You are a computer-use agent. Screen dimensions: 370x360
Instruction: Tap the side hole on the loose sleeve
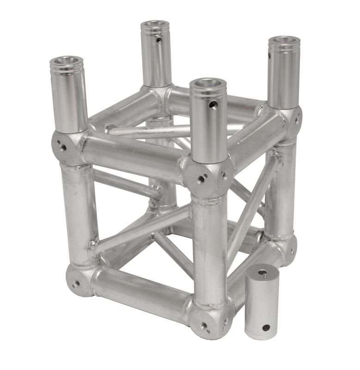266,327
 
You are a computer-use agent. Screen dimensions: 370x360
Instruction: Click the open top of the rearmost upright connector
155,25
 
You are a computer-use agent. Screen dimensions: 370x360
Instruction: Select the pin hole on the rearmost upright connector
159,40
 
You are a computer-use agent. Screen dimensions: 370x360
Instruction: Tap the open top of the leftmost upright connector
67,61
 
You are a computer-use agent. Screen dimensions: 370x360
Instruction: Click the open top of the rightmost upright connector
284,41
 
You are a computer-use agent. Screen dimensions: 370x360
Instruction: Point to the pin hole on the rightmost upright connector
269,56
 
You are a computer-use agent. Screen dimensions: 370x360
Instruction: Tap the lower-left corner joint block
78,280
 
